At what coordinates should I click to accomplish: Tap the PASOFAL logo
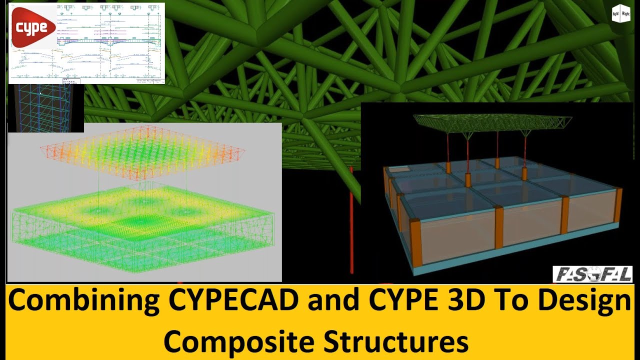coord(592,274)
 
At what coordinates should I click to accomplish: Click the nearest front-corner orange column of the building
coord(416,243)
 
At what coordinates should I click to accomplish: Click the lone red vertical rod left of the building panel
coord(351,220)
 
